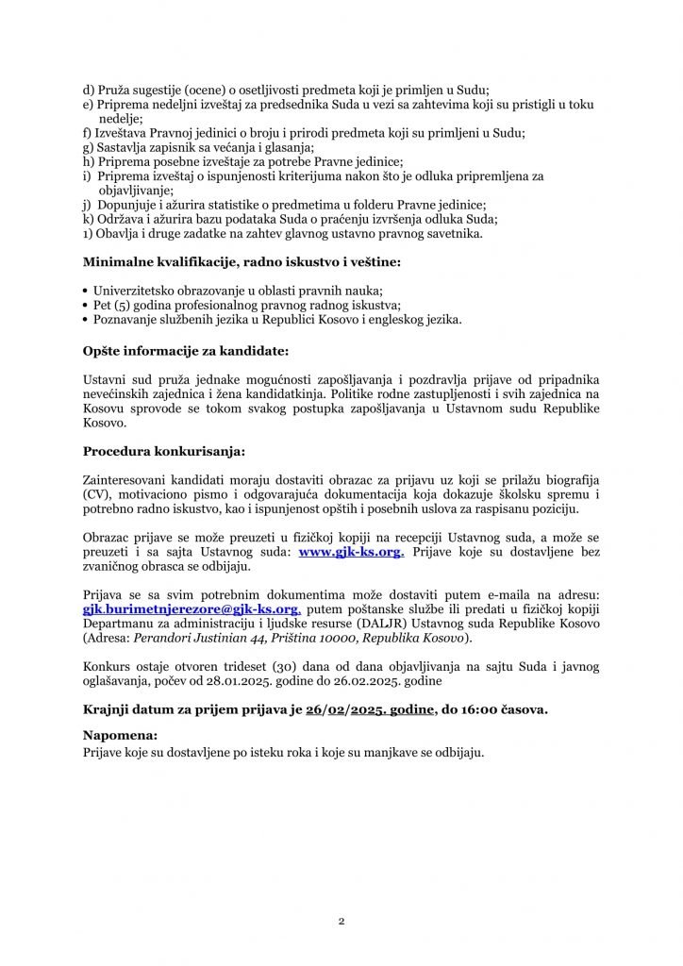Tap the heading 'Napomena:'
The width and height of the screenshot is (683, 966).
point(121,735)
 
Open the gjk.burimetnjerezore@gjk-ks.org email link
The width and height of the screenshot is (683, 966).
point(192,610)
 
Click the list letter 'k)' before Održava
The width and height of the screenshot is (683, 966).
point(89,219)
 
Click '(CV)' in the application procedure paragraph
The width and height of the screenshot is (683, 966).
point(98,495)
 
